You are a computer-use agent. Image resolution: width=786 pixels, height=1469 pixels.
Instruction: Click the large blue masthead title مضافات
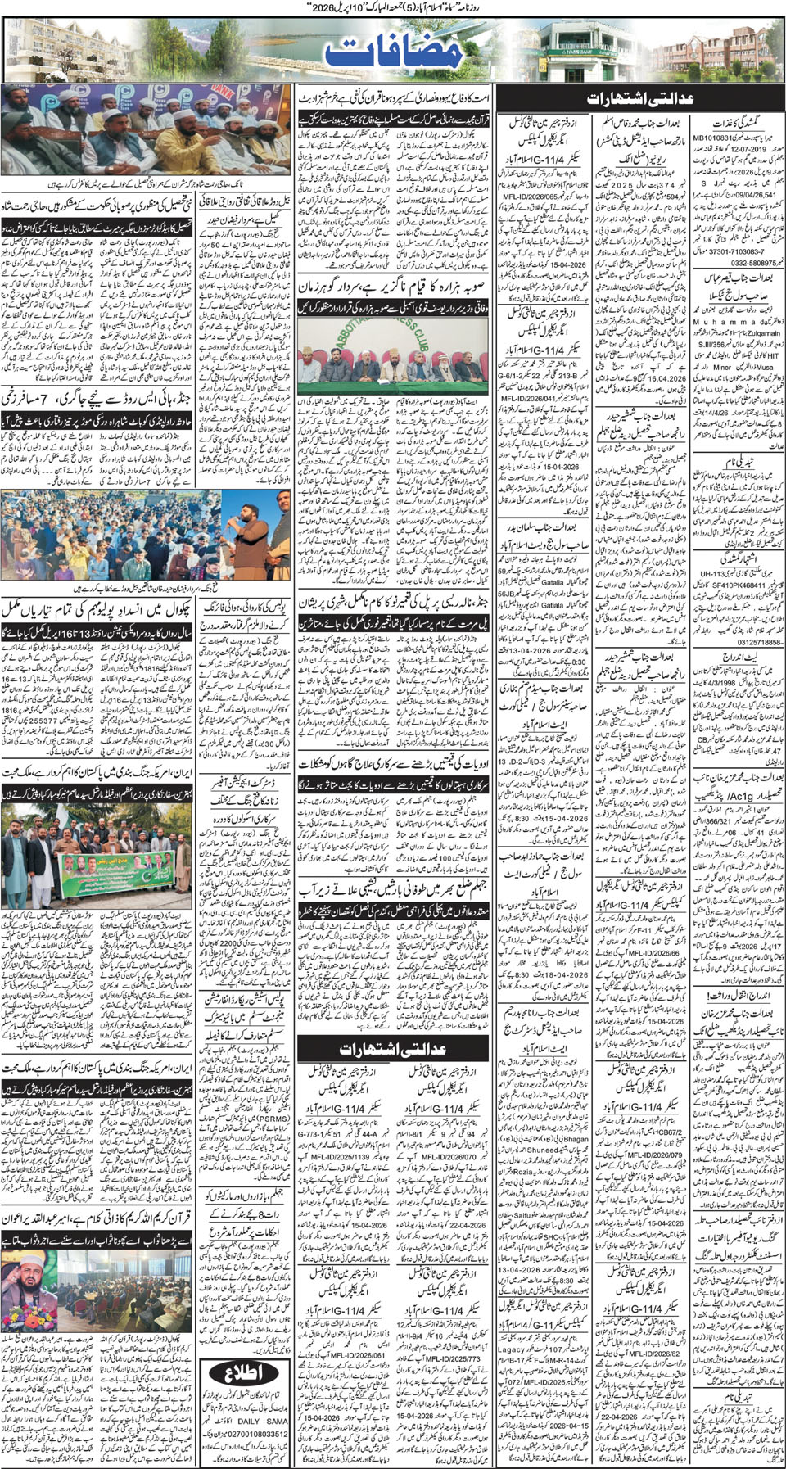[393, 51]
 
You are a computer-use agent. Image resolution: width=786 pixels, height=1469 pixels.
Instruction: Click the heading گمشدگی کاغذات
[737, 120]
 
